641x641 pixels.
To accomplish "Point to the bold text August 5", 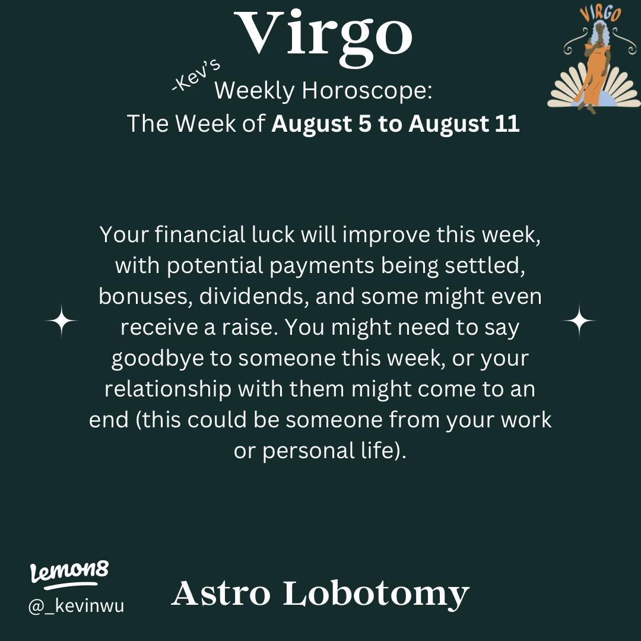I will (322, 124).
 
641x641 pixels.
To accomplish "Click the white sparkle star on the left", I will (61, 320).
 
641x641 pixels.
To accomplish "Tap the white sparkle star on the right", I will (579, 320).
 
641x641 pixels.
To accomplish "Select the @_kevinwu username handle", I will (77, 607).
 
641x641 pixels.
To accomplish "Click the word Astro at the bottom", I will (221, 594).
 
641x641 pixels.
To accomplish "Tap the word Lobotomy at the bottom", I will (376, 594).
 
